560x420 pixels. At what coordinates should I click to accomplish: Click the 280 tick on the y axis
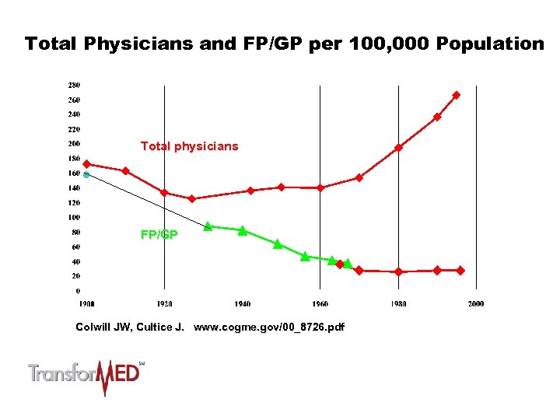(x=74, y=85)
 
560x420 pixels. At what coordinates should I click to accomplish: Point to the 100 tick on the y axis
(x=74, y=217)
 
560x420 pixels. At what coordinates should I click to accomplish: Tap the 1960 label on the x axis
(x=320, y=303)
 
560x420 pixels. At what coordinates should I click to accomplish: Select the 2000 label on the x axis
(x=475, y=303)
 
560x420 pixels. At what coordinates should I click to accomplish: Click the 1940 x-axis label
(x=242, y=303)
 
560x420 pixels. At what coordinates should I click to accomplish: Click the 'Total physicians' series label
(x=189, y=146)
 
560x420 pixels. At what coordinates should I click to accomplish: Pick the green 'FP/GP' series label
(x=159, y=234)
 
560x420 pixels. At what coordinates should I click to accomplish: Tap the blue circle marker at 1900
(x=86, y=175)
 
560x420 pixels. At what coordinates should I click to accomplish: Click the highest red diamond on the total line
(x=456, y=95)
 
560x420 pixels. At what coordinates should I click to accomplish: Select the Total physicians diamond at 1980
(x=398, y=148)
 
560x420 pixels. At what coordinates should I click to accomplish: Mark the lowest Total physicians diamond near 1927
(x=192, y=198)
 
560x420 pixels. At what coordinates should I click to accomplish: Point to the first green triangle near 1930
(x=208, y=226)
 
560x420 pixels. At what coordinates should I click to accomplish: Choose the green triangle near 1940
(x=243, y=230)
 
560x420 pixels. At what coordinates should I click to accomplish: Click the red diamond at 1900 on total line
(x=86, y=164)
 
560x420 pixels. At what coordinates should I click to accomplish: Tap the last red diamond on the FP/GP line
(x=460, y=270)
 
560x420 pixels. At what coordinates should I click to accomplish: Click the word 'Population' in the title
(x=490, y=44)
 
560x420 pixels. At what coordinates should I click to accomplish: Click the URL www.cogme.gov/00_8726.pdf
(x=268, y=327)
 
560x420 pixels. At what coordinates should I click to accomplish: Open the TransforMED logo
(x=86, y=376)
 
